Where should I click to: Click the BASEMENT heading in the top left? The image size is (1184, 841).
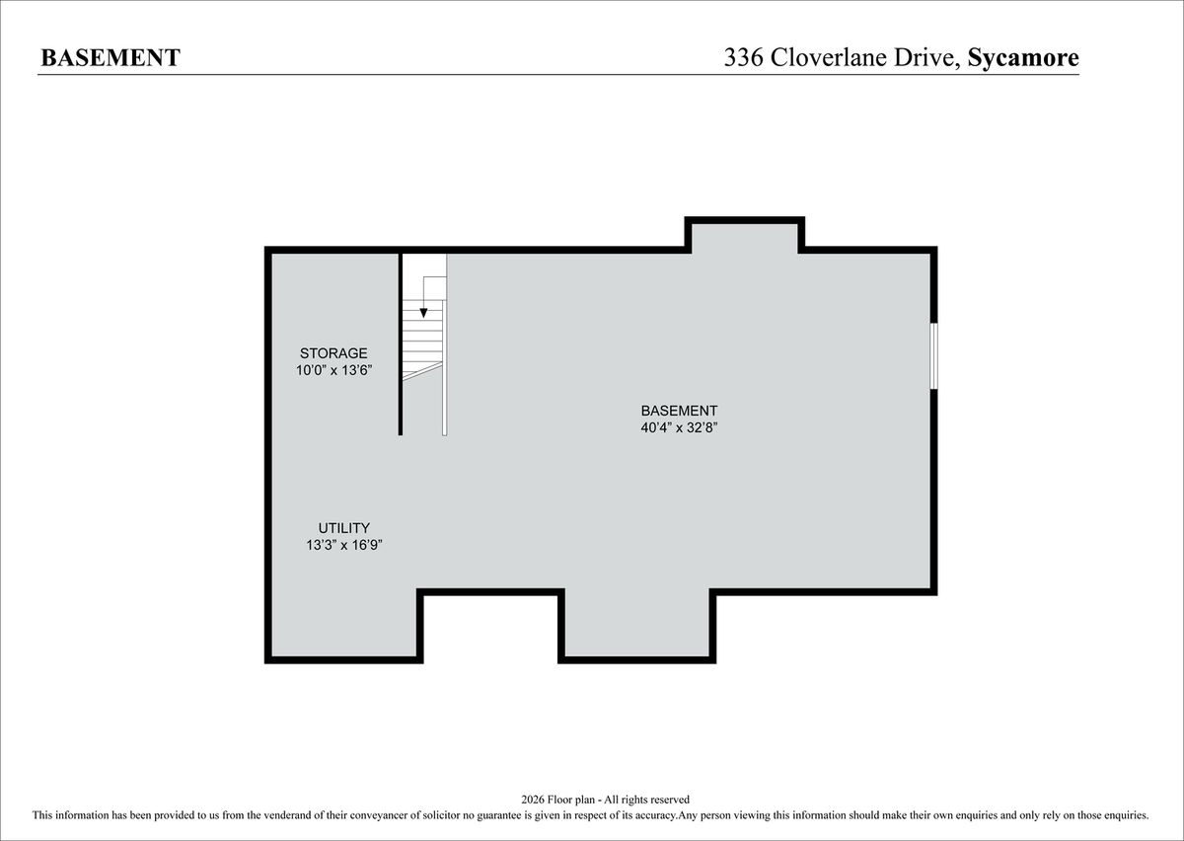coord(111,57)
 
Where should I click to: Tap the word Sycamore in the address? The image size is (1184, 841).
coord(1023,58)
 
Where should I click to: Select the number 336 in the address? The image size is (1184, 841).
coord(743,57)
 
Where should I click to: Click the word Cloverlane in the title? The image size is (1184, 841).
coord(828,57)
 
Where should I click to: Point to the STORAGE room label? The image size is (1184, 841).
coord(333,352)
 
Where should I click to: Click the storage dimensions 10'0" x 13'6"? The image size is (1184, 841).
coord(334,370)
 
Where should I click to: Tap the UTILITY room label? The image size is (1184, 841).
coord(343,528)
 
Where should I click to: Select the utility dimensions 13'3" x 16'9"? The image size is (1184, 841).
coord(344,545)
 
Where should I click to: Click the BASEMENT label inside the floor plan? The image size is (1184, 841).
coord(679,411)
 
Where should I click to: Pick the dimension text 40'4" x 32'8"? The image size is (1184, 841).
coord(679,427)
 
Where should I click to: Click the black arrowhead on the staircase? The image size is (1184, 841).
coord(423,313)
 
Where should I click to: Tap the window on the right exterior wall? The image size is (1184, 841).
coord(934,356)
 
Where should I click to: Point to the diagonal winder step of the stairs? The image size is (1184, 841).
coord(422,371)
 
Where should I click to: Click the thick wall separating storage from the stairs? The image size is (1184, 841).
coord(401,344)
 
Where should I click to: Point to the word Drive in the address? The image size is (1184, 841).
coord(926,57)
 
